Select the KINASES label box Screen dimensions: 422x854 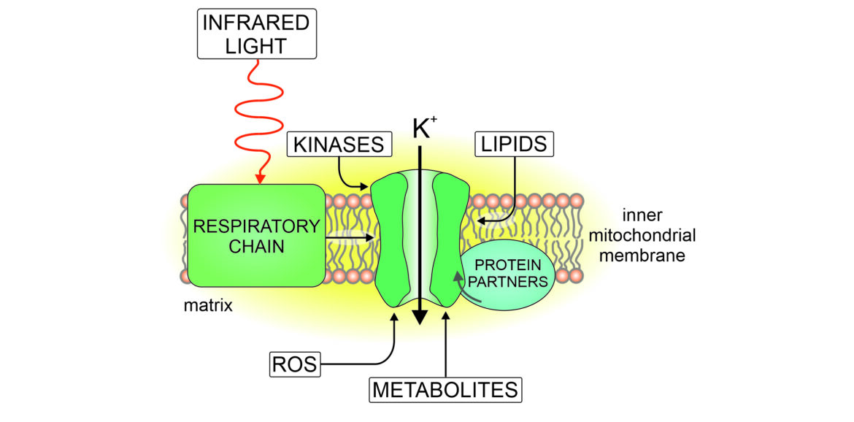coord(339,145)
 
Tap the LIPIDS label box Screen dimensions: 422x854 coord(514,144)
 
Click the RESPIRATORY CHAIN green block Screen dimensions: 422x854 coord(256,235)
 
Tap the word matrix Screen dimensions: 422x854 coord(208,306)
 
